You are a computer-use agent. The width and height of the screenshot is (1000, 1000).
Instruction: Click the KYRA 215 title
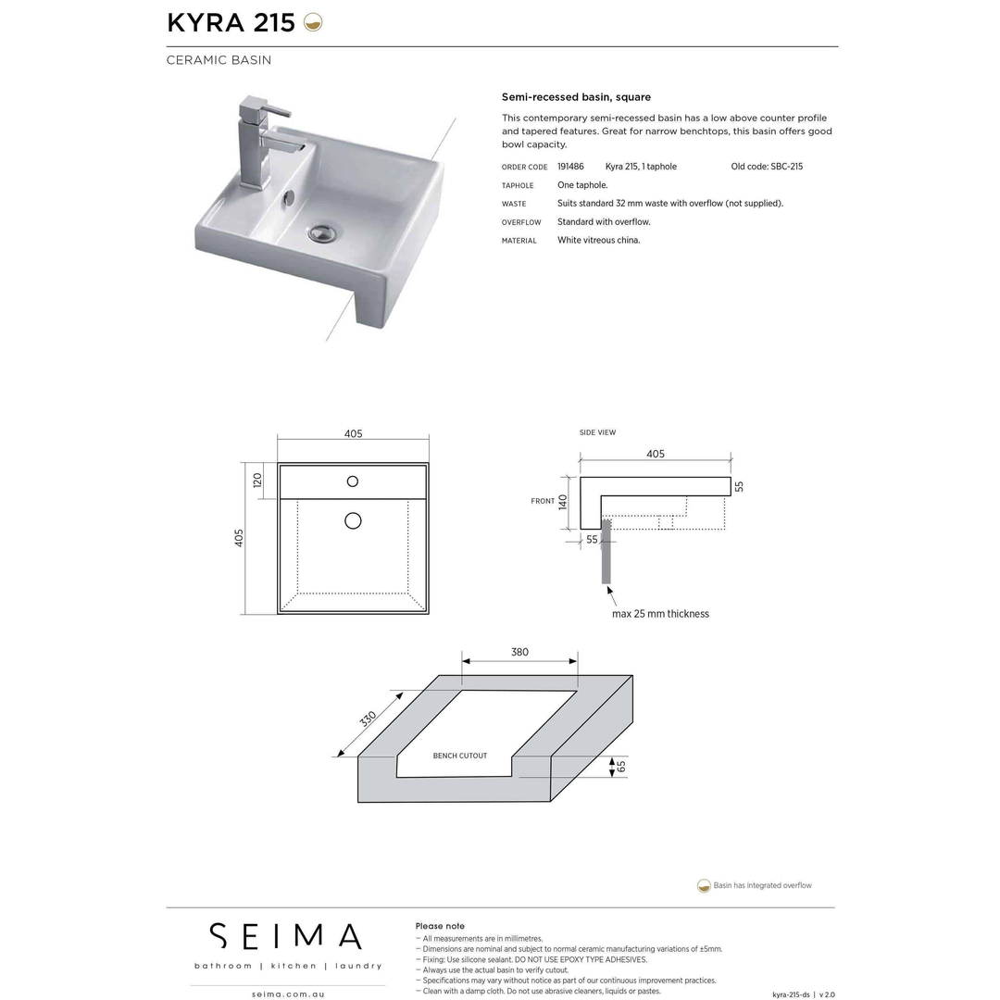(231, 23)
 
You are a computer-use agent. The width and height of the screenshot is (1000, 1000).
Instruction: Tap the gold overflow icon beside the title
(313, 23)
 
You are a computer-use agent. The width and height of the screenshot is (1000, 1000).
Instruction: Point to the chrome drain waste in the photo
(323, 232)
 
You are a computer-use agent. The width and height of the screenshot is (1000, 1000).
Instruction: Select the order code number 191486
(570, 167)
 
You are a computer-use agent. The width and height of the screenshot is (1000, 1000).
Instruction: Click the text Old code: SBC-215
(767, 167)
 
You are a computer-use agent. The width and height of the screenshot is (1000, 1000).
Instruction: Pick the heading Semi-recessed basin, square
(576, 97)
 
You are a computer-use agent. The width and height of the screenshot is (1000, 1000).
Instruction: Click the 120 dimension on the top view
(257, 480)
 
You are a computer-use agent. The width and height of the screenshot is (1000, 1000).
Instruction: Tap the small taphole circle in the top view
(353, 481)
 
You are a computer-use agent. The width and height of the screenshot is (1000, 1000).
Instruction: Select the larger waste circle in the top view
(353, 520)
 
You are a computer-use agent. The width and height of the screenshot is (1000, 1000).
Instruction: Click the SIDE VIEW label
(597, 432)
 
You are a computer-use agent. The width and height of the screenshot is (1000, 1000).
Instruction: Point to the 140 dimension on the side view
(563, 502)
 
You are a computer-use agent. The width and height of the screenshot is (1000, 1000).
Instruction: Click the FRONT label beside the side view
(543, 501)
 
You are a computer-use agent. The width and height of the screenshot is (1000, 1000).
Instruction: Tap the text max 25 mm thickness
(660, 614)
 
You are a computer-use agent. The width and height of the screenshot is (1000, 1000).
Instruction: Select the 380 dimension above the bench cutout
(519, 652)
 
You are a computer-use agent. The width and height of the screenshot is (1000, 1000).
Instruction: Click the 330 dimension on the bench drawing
(368, 719)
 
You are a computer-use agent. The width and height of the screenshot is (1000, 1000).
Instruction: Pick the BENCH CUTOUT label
(460, 756)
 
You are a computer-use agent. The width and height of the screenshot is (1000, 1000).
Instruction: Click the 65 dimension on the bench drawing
(621, 766)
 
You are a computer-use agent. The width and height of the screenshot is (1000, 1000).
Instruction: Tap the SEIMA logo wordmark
(285, 935)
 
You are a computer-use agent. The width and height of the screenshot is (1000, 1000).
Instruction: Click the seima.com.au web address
(287, 994)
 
